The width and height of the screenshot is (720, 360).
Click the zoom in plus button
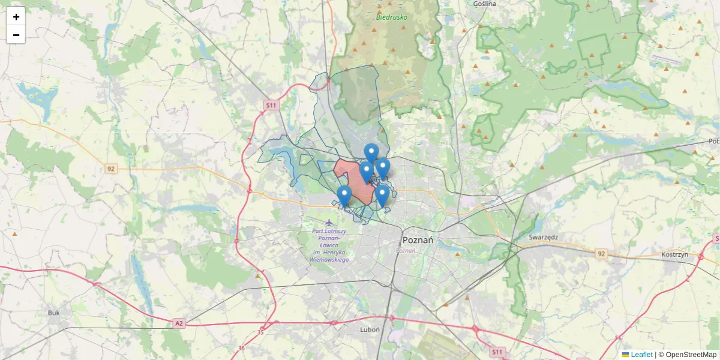pyautogui.click(x=16, y=17)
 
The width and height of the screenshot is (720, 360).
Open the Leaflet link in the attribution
pyautogui.click(x=641, y=355)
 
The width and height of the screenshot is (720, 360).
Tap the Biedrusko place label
pyautogui.click(x=391, y=17)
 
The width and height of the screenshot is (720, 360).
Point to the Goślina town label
pyautogui.click(x=485, y=4)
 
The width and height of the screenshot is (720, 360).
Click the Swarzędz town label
pyautogui.click(x=543, y=237)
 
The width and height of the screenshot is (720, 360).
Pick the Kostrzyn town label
pyautogui.click(x=674, y=254)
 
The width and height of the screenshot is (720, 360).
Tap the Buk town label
pyautogui.click(x=54, y=313)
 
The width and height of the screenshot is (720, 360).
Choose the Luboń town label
pyautogui.click(x=370, y=329)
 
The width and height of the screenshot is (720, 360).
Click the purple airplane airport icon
pyautogui.click(x=329, y=223)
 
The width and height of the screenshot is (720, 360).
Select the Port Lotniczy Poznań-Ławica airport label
pyautogui.click(x=329, y=245)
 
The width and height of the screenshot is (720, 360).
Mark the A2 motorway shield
pyautogui.click(x=179, y=323)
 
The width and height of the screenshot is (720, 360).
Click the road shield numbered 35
pyautogui.click(x=260, y=332)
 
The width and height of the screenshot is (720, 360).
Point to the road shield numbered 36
pyautogui.click(x=241, y=348)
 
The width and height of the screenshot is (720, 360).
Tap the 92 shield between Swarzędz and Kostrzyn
pyautogui.click(x=601, y=254)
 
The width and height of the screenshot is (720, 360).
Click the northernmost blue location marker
pyautogui.click(x=371, y=152)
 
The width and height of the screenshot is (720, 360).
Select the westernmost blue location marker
pyautogui.click(x=344, y=195)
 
